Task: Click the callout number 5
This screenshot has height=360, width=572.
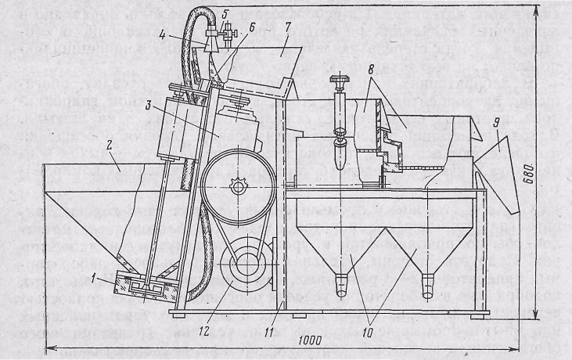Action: [x=225, y=14]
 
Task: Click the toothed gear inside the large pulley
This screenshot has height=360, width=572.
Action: [x=236, y=188]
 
